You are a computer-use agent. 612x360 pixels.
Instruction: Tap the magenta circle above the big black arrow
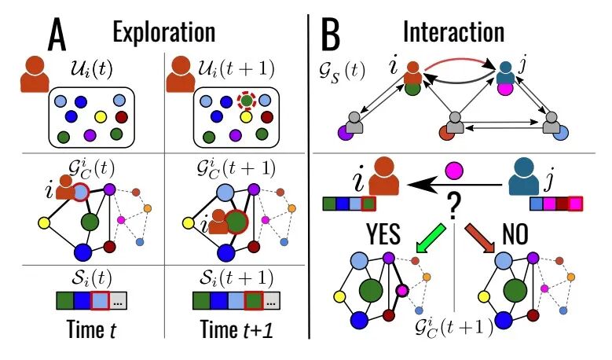[453, 169]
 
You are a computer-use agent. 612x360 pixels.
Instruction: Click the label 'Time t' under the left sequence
[89, 330]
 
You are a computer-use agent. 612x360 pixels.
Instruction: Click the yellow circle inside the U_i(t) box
[100, 116]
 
